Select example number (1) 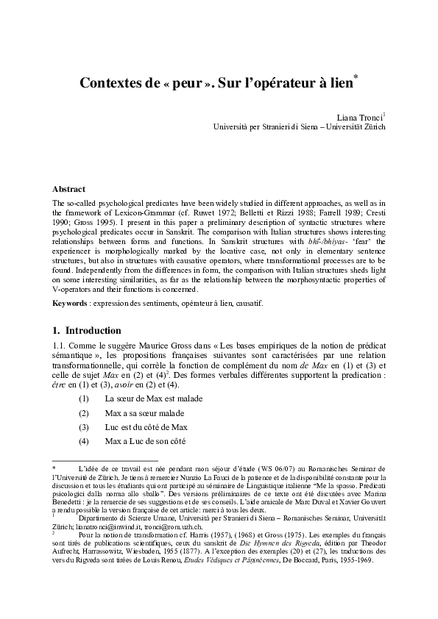pos(84,398)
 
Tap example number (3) pos(84,426)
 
